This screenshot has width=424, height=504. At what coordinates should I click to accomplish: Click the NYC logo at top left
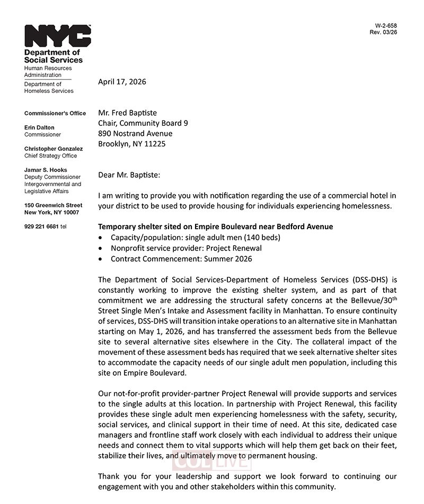[x=57, y=36]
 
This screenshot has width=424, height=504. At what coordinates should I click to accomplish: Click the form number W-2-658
[x=386, y=25]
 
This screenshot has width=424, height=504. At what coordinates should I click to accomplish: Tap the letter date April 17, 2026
[x=122, y=82]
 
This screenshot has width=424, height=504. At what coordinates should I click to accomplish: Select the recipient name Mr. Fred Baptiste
[x=127, y=112]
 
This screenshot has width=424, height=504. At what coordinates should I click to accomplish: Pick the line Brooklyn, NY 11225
[x=132, y=144]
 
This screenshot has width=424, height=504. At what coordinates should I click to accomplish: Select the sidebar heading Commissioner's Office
[x=55, y=113]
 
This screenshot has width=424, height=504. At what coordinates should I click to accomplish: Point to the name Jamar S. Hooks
[x=46, y=170]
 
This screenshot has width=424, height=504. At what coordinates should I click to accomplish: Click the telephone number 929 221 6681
[x=42, y=227]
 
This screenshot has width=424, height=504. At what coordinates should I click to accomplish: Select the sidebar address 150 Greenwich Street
[x=54, y=205]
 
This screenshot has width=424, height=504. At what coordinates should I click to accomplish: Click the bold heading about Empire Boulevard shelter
[x=216, y=227]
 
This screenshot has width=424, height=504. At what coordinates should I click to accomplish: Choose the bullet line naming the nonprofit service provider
[x=186, y=248]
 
